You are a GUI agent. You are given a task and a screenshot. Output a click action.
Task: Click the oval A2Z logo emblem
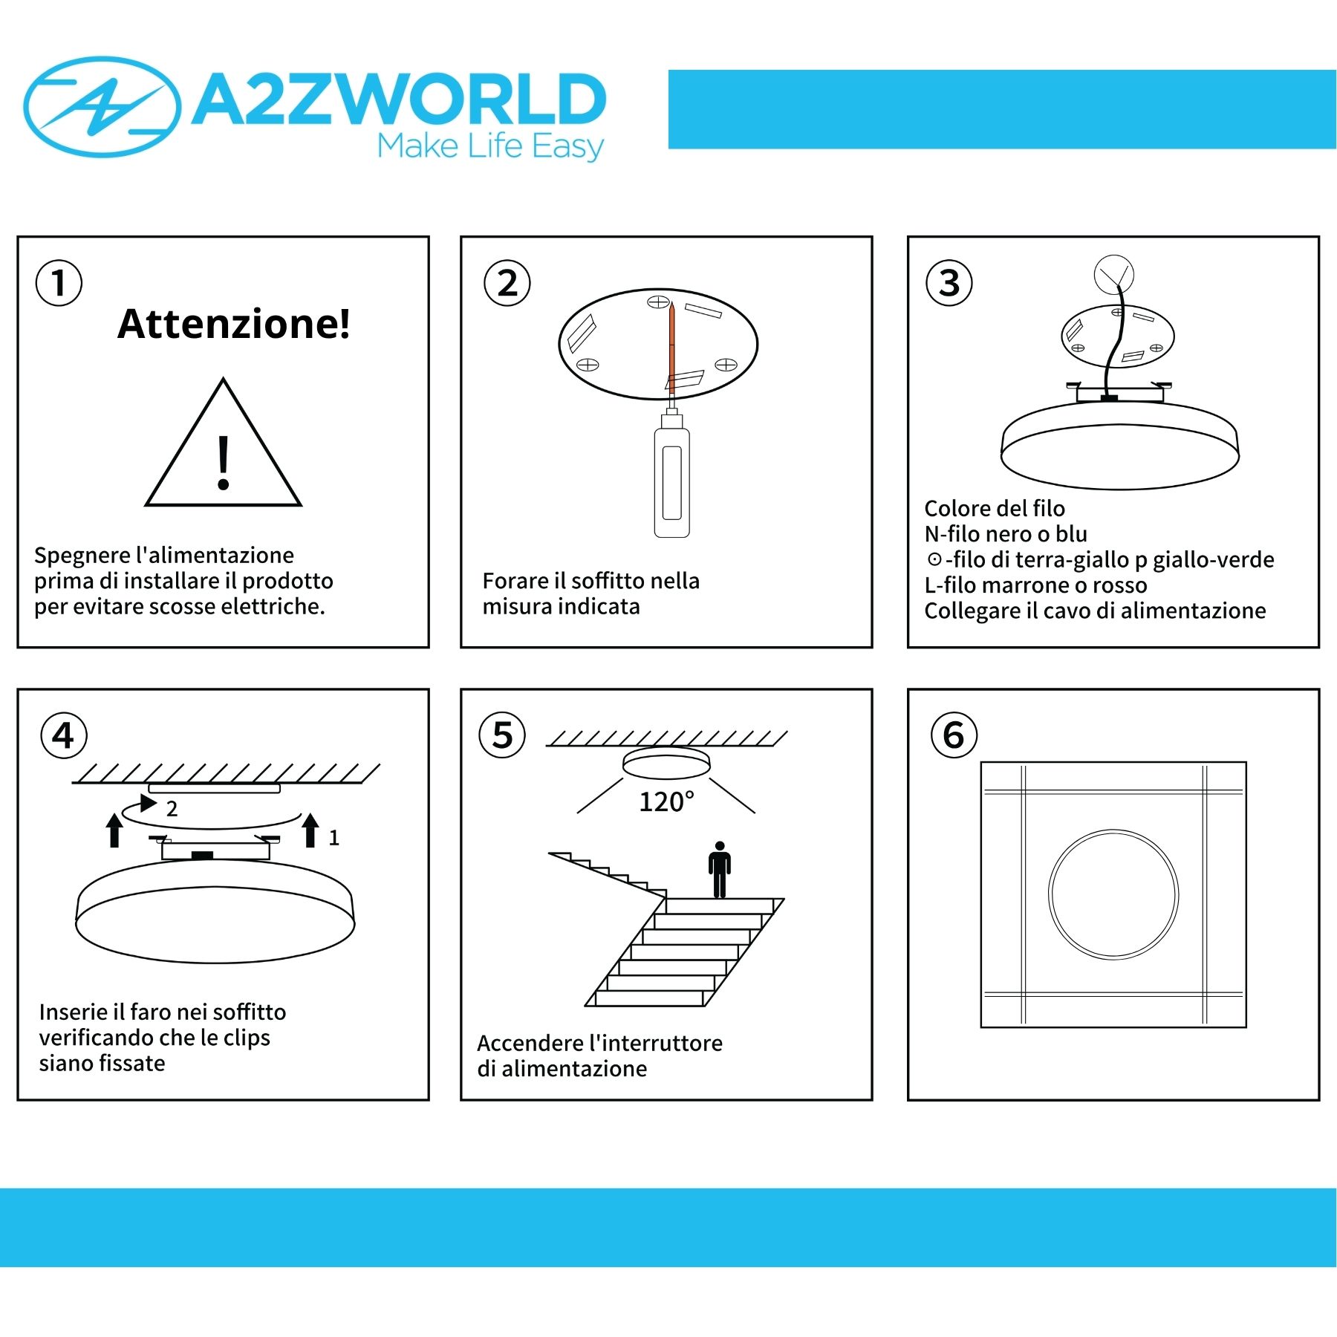pyautogui.click(x=102, y=107)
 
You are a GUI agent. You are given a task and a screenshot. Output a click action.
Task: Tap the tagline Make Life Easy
pyautogui.click(x=491, y=146)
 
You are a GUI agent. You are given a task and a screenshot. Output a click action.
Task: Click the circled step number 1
pyautogui.click(x=59, y=283)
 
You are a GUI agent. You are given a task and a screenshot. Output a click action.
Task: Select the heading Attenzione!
pyautogui.click(x=234, y=324)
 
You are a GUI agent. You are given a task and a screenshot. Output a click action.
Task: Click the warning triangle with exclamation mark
pyautogui.click(x=223, y=442)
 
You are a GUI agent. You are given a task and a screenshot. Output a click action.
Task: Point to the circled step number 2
pyautogui.click(x=507, y=283)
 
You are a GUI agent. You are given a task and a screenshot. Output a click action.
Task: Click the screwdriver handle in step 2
pyautogui.click(x=671, y=481)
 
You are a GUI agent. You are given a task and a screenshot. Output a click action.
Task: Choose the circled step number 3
pyautogui.click(x=949, y=283)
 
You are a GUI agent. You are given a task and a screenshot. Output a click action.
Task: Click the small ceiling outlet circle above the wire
pyautogui.click(x=1113, y=274)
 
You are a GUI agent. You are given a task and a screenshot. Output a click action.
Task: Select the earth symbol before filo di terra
pyautogui.click(x=934, y=559)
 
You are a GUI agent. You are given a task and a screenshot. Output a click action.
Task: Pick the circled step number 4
pyautogui.click(x=64, y=735)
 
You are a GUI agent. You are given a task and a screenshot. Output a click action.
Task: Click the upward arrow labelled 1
pyautogui.click(x=310, y=830)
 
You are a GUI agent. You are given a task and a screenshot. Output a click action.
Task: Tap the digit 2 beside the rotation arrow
pyautogui.click(x=172, y=809)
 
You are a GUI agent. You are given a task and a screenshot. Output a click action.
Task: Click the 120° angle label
pyautogui.click(x=666, y=801)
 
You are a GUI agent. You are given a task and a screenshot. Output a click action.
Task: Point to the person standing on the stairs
pyautogui.click(x=719, y=870)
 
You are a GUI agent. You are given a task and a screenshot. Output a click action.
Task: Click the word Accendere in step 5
pyautogui.click(x=530, y=1044)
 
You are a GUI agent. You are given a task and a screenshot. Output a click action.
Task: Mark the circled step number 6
pyautogui.click(x=954, y=735)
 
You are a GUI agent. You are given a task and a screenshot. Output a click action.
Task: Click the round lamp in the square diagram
pyautogui.click(x=1113, y=830)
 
